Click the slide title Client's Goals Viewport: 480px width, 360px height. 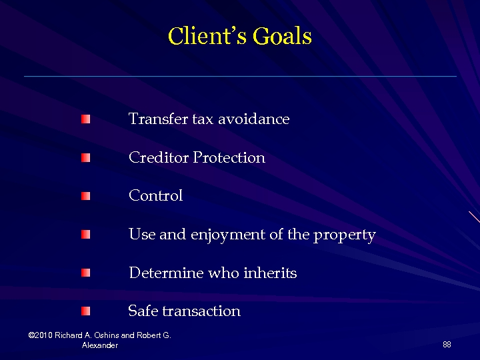(240, 36)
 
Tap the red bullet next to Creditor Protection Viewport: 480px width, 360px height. (85, 158)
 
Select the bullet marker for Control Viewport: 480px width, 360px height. (85, 197)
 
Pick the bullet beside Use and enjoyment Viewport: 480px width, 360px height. (85, 235)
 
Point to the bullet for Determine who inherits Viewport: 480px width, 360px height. (85, 273)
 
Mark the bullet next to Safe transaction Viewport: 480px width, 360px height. (85, 311)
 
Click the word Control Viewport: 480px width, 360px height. (155, 196)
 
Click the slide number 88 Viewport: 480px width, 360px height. (447, 344)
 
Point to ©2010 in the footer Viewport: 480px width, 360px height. (40, 335)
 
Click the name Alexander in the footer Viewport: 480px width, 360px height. (100, 345)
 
